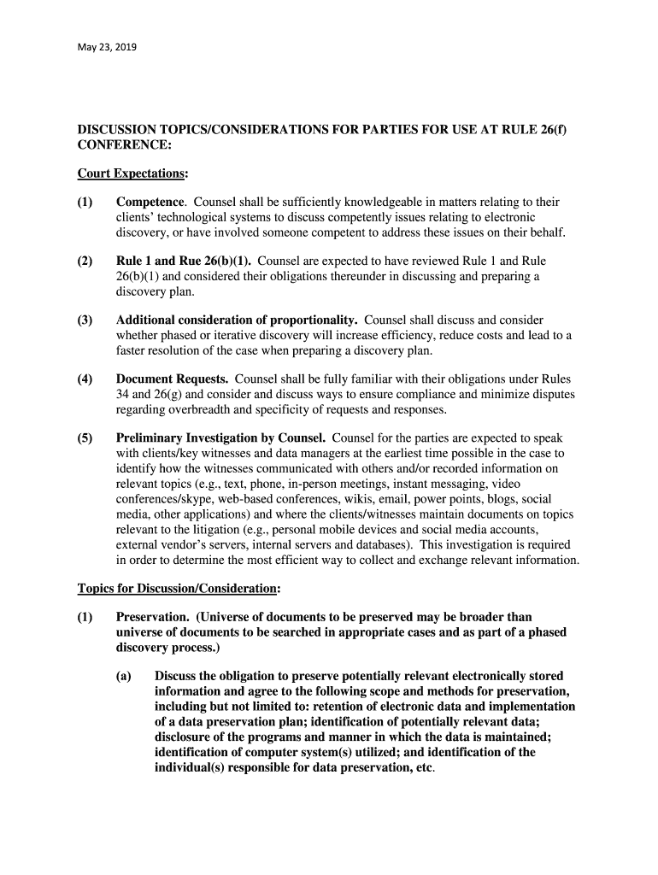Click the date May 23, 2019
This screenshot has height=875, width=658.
[107, 47]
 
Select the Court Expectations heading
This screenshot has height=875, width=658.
[132, 173]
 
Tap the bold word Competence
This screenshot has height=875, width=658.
[150, 203]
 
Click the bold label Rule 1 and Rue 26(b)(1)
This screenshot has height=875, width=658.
[184, 261]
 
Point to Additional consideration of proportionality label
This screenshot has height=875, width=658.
[237, 320]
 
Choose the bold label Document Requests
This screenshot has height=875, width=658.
[172, 379]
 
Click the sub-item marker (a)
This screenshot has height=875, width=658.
[124, 676]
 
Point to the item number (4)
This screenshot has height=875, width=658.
[85, 379]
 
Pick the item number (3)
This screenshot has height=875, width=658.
[85, 320]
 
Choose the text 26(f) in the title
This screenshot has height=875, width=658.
[551, 129]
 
